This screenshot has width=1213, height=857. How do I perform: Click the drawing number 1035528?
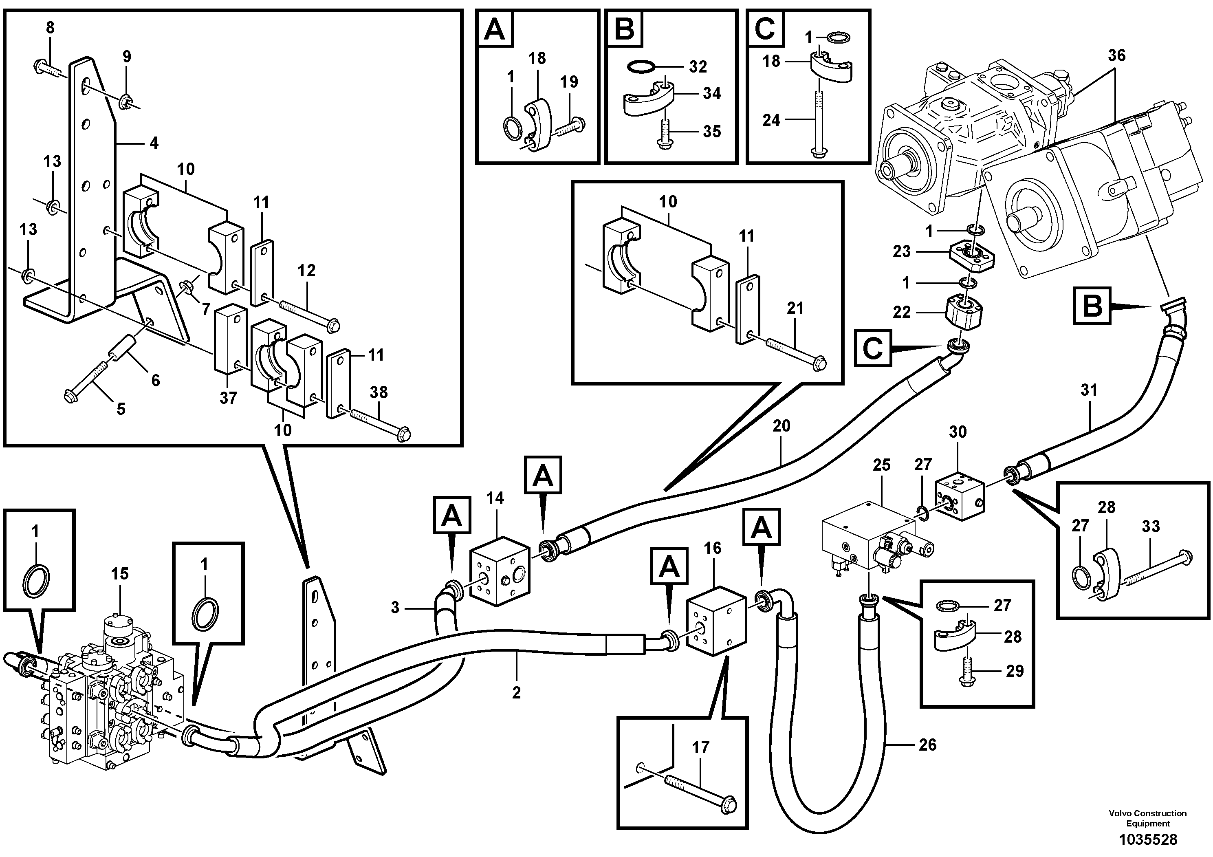1147,839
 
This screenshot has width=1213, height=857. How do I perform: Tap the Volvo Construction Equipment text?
1147,818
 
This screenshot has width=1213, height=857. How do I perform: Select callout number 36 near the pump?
1116,55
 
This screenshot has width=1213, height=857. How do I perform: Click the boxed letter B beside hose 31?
1092,305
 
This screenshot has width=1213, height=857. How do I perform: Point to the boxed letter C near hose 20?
872,348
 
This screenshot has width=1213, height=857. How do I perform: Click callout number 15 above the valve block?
119,574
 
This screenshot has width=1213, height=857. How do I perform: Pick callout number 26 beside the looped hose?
927,745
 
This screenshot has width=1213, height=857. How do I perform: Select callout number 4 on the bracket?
154,143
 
